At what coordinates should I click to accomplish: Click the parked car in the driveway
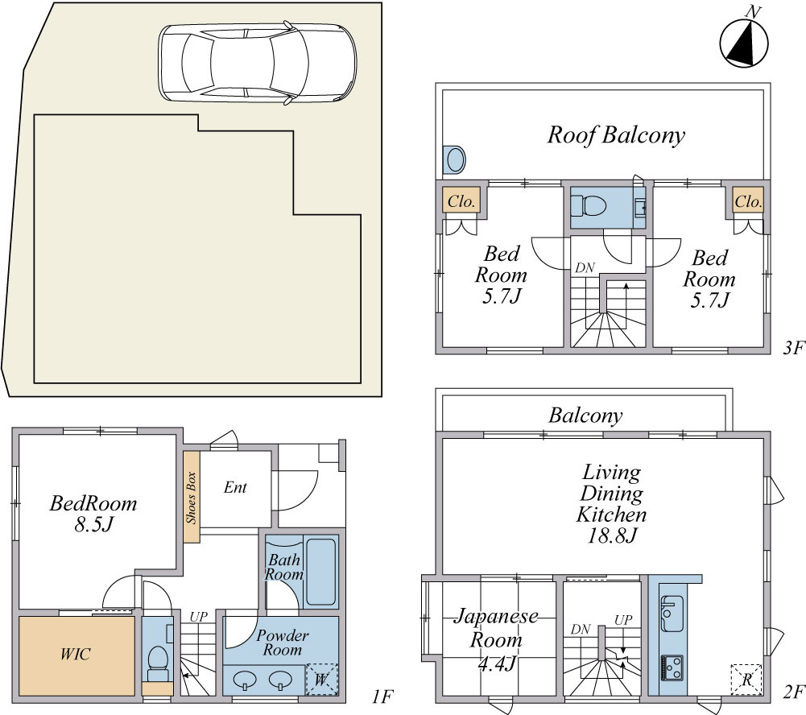click(x=257, y=63)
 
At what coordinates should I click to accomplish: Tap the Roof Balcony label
click(x=616, y=134)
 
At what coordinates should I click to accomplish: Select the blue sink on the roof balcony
click(x=455, y=160)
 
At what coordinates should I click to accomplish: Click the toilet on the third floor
click(x=589, y=207)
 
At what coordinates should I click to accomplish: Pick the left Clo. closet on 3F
click(x=461, y=201)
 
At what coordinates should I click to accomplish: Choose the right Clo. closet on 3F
click(x=748, y=201)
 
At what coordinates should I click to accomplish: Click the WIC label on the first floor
click(x=75, y=654)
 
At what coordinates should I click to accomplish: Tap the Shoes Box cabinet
click(x=192, y=497)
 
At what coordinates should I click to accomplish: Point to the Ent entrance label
click(x=235, y=487)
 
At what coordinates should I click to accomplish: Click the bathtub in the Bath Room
click(x=321, y=572)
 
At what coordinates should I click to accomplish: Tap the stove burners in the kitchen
click(x=672, y=667)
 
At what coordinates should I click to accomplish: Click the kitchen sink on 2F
click(x=672, y=614)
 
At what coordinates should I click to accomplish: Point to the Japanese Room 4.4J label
click(x=496, y=640)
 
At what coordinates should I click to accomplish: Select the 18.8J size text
click(x=612, y=536)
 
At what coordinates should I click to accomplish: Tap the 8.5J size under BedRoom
click(x=93, y=525)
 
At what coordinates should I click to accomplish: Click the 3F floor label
click(x=793, y=349)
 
